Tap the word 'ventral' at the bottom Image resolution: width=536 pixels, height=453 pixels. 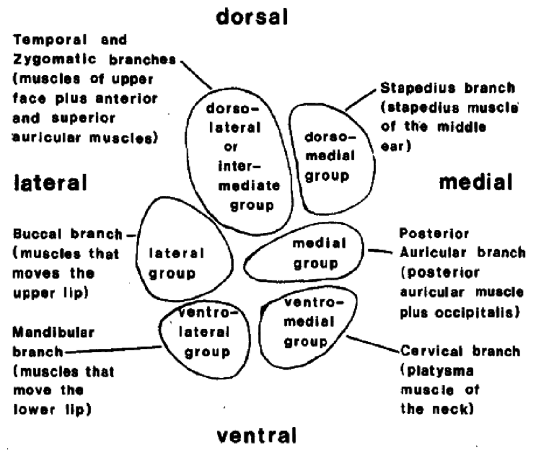(257, 435)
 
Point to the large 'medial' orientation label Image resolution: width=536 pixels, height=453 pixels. (475, 183)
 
